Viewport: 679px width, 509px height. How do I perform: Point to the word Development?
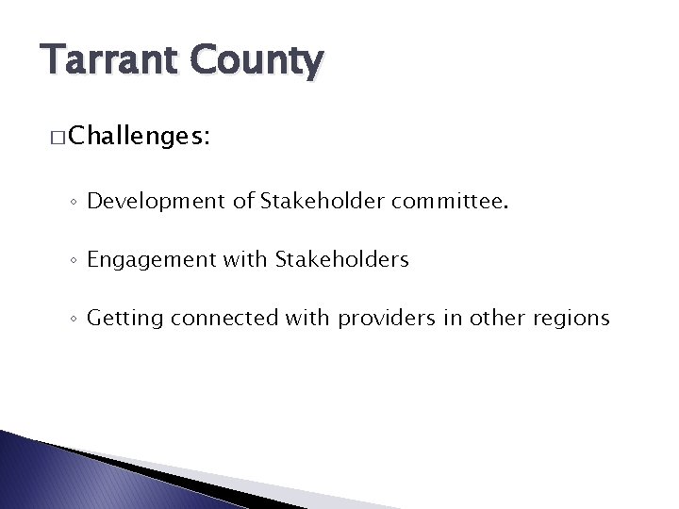(146, 201)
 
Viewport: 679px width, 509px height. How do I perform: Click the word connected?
(224, 319)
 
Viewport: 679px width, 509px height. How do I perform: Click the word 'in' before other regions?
(451, 319)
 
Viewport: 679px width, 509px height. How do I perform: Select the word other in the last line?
(497, 319)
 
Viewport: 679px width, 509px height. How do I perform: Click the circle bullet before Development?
(73, 202)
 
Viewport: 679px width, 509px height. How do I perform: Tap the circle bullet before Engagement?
(73, 261)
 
